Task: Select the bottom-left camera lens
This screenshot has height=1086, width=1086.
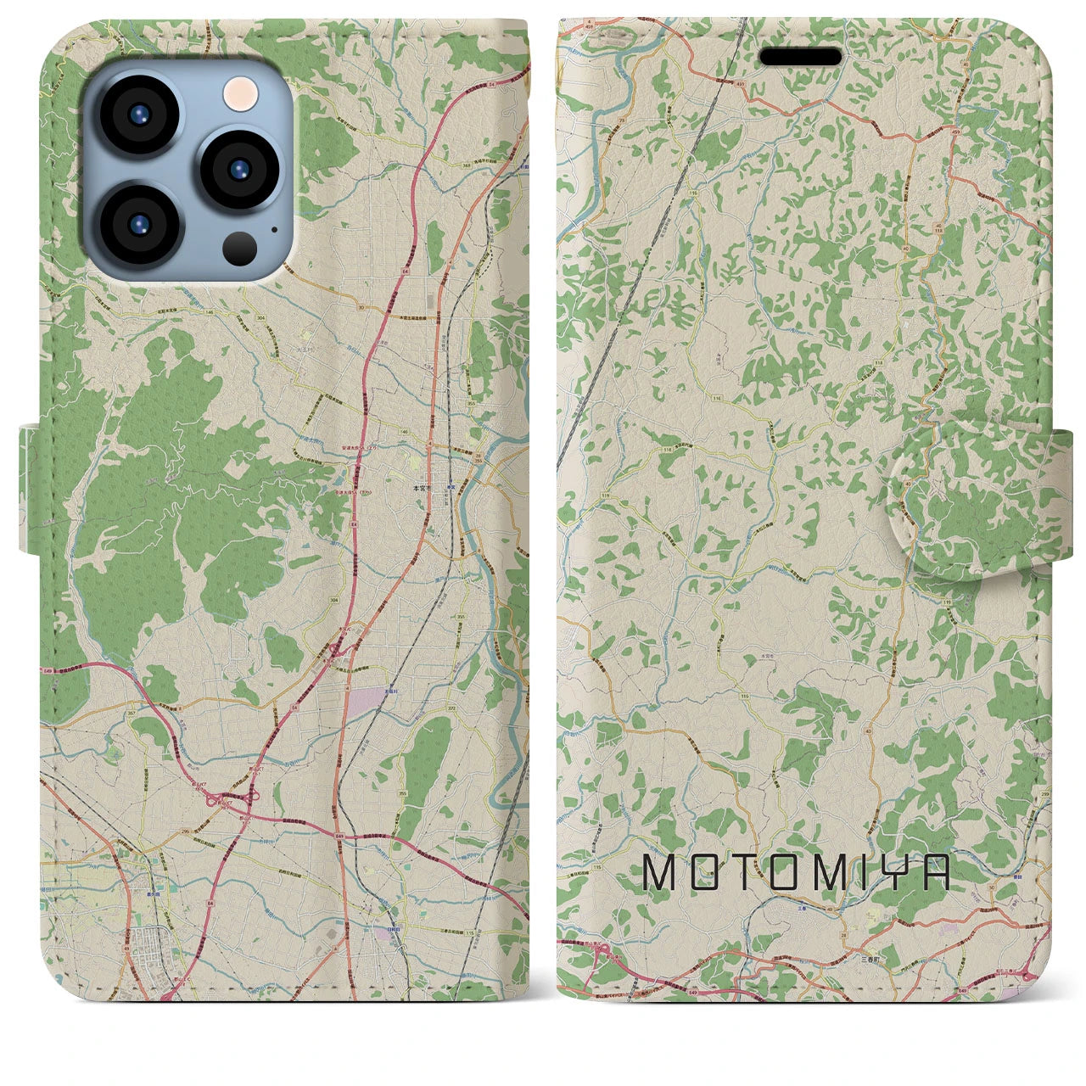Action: coord(140,222)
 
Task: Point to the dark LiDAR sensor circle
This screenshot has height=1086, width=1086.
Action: coord(240,247)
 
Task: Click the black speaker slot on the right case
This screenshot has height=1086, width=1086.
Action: coord(800,57)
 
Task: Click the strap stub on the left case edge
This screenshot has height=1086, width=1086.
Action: coord(30,490)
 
